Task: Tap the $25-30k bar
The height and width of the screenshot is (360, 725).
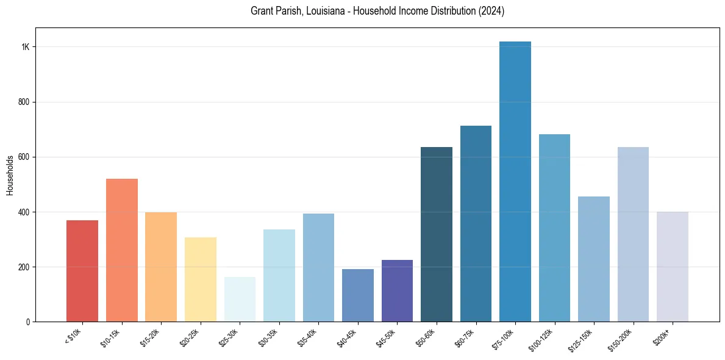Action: point(240,299)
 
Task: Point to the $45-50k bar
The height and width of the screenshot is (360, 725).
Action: point(397,290)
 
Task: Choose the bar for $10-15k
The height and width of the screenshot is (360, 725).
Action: point(122,250)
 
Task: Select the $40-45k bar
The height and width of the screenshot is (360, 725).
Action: point(358,295)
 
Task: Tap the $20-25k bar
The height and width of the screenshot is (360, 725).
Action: point(201,279)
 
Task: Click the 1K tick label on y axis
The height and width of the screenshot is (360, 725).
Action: point(26,47)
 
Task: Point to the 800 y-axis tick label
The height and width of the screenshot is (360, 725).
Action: point(24,102)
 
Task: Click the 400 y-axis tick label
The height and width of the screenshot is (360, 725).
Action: point(24,212)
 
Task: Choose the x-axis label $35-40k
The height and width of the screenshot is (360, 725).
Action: point(307,337)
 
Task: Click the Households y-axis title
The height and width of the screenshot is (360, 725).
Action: point(10,175)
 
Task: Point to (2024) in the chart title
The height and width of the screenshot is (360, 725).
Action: point(491,11)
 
